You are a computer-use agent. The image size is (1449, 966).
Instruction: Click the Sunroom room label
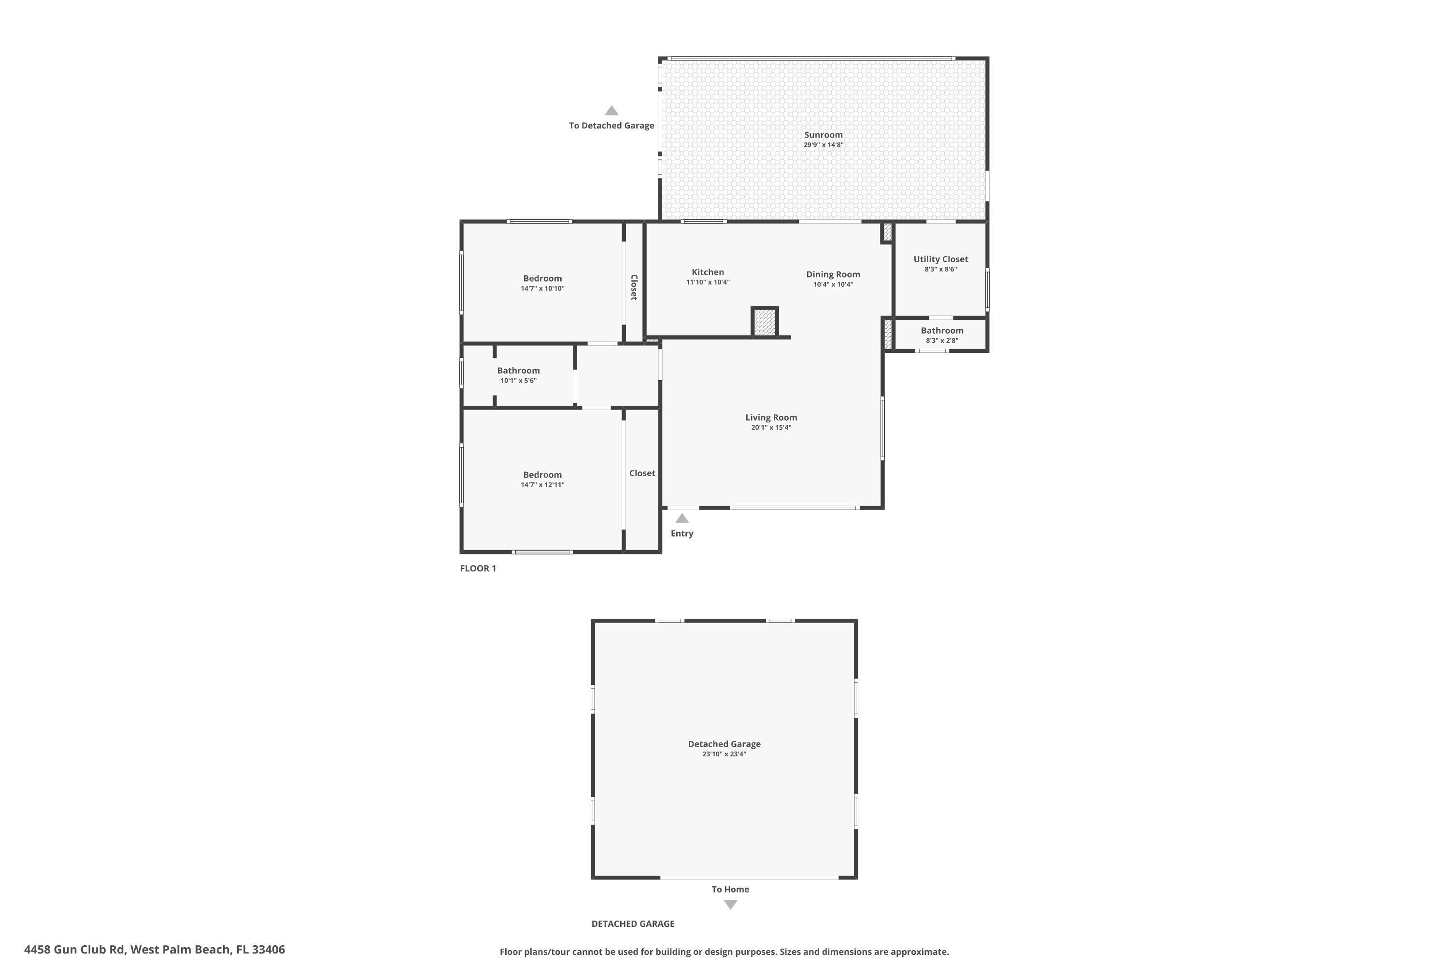[823, 135]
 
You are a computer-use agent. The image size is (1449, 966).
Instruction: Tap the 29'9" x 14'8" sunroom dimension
[823, 145]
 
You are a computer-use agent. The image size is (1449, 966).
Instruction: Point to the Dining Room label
[833, 275]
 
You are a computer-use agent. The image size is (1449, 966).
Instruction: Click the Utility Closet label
[940, 259]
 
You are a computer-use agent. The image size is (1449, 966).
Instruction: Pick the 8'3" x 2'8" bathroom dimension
[941, 341]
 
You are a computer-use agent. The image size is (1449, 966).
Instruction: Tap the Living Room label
[771, 418]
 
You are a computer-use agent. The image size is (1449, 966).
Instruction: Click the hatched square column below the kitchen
[765, 322]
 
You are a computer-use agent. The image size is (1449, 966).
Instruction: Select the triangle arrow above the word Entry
[682, 519]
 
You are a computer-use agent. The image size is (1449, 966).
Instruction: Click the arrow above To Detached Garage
[611, 111]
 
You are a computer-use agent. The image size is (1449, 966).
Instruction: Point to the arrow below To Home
[730, 904]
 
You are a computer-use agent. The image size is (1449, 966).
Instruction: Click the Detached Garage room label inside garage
[724, 744]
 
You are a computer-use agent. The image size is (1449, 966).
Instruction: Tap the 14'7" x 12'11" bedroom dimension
[542, 485]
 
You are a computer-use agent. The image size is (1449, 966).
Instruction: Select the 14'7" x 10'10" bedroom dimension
[542, 288]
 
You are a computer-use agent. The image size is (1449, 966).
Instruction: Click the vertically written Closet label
[634, 287]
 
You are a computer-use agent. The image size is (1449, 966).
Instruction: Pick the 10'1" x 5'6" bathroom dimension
[518, 381]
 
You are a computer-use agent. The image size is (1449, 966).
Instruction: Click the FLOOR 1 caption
[478, 568]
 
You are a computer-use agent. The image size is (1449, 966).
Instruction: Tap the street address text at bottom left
[155, 950]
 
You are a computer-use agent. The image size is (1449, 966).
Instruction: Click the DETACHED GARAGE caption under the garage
[633, 923]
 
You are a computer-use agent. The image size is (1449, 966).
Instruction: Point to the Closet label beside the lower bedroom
[642, 473]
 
